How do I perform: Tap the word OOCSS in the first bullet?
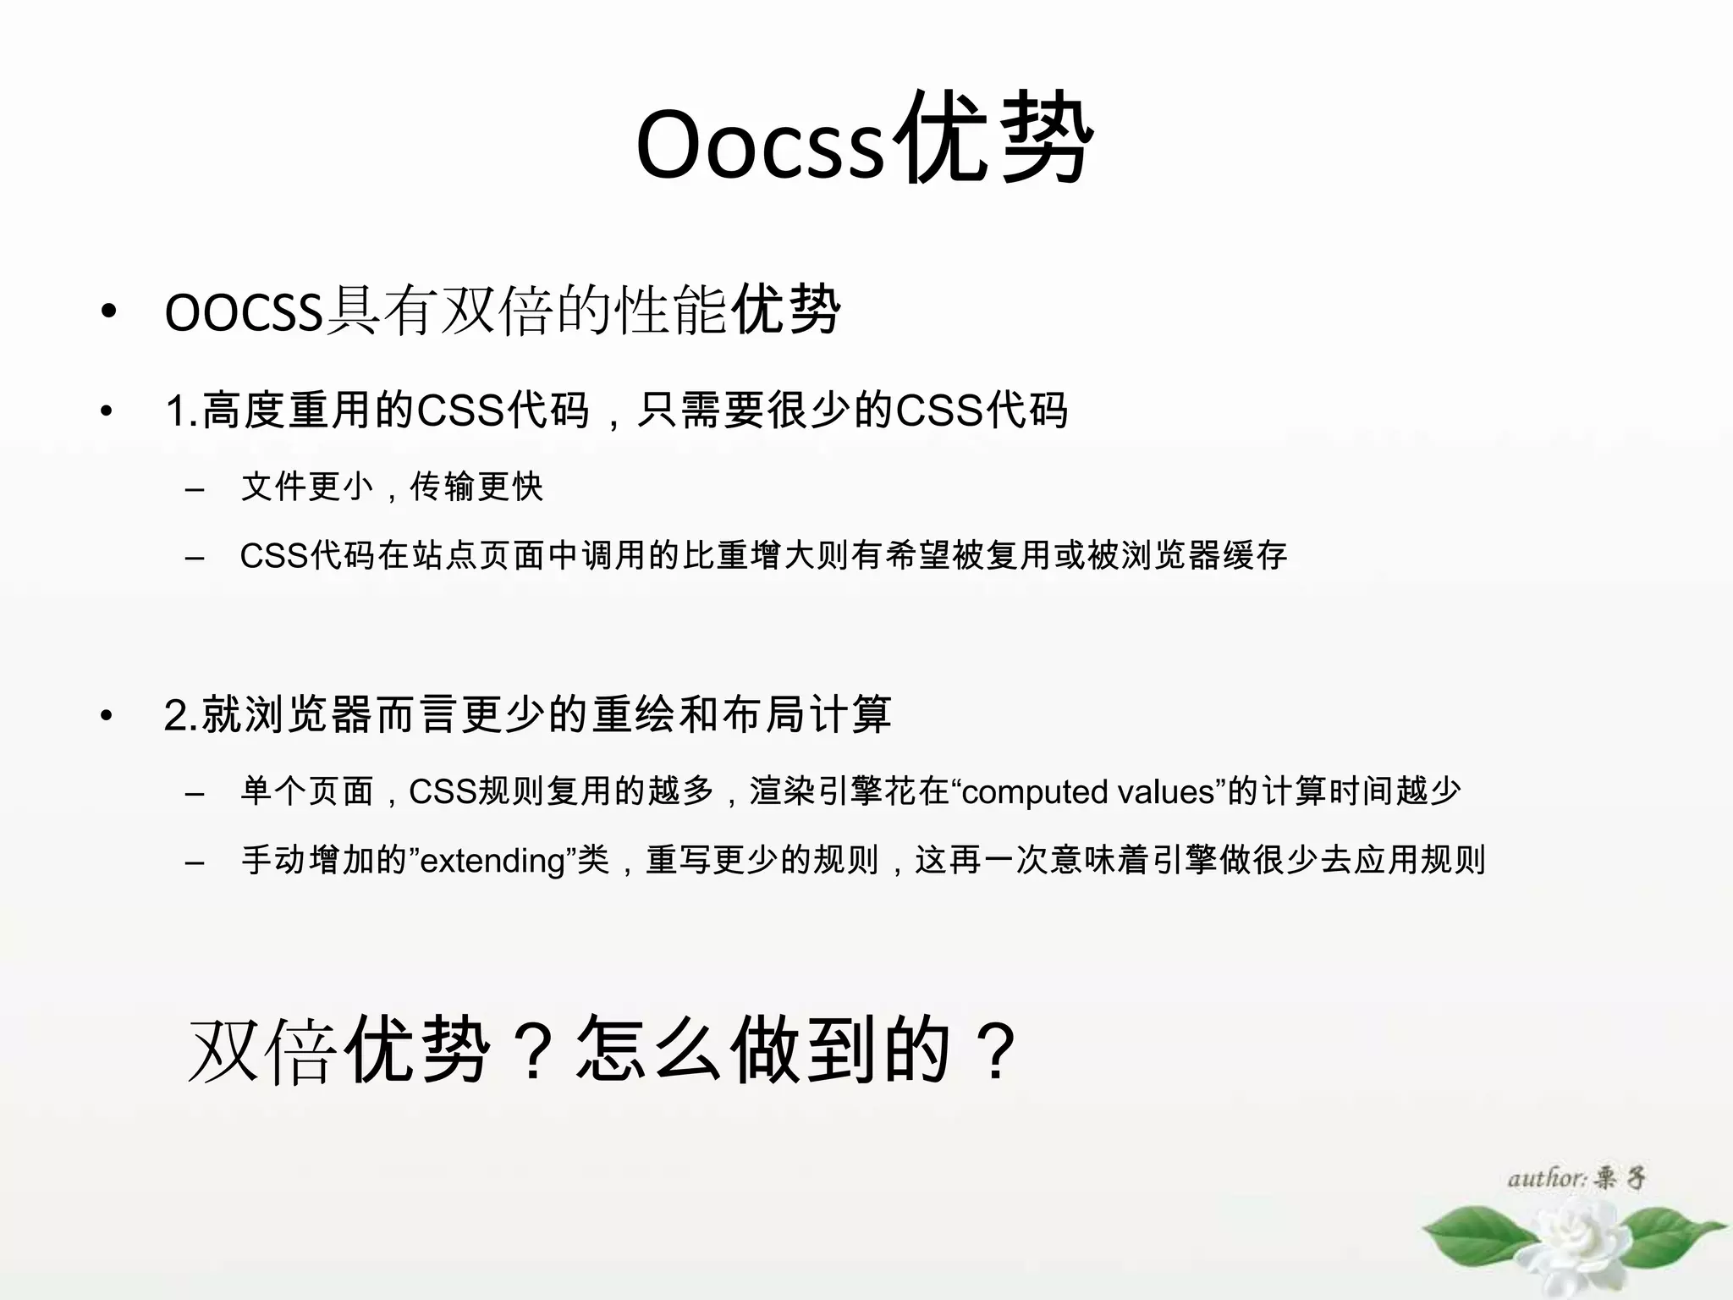244,312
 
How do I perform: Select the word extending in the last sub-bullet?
492,862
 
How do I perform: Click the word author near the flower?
1545,1178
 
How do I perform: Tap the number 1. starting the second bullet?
182,411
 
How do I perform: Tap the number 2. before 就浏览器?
181,716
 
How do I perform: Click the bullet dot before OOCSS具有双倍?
107,312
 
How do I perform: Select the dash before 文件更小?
195,489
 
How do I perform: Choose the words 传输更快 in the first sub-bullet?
476,487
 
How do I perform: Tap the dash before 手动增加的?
195,862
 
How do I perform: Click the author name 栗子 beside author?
1620,1178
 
